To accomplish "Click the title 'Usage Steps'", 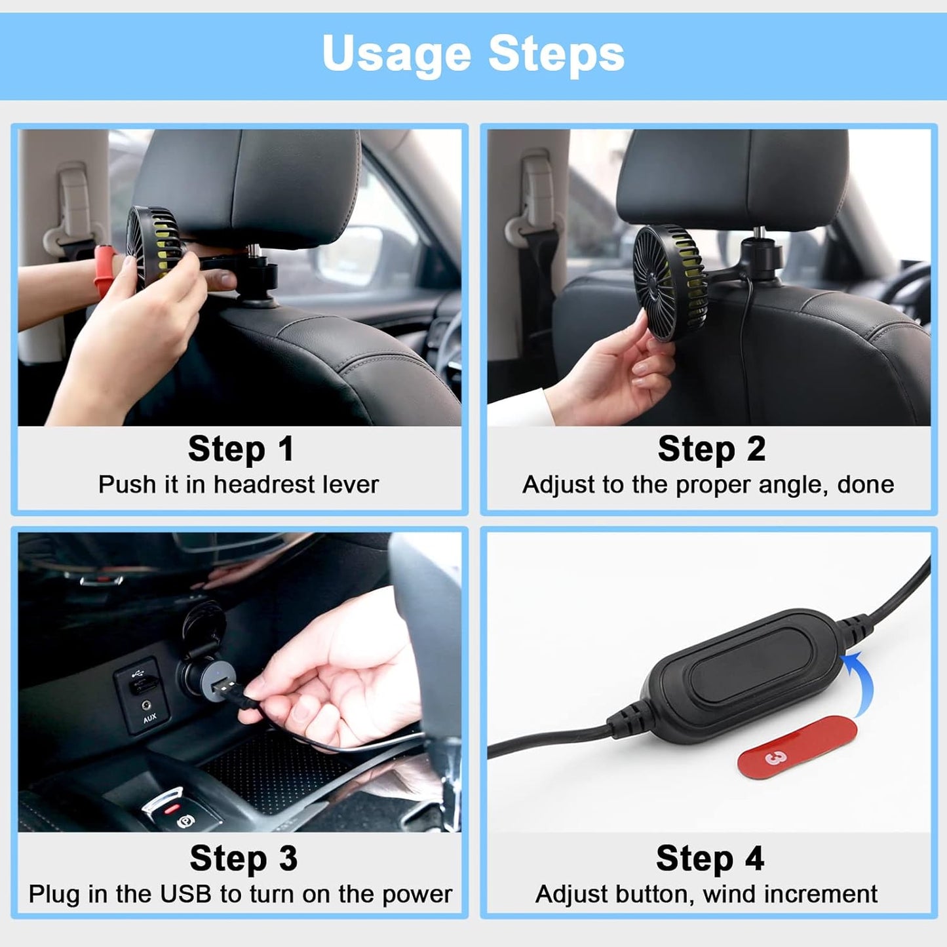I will pos(473,54).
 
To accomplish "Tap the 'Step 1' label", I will pos(241,450).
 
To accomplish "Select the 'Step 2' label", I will pos(711,450).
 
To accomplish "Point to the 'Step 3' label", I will pos(243,859).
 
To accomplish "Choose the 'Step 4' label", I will pos(710,859).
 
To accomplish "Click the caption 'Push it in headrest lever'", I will pos(239,485).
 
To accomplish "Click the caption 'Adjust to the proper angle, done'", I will pos(708,485).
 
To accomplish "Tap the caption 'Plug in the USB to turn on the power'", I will pos(240,895).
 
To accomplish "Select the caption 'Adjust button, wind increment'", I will pos(706,895).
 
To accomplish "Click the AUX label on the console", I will pos(150,718).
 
